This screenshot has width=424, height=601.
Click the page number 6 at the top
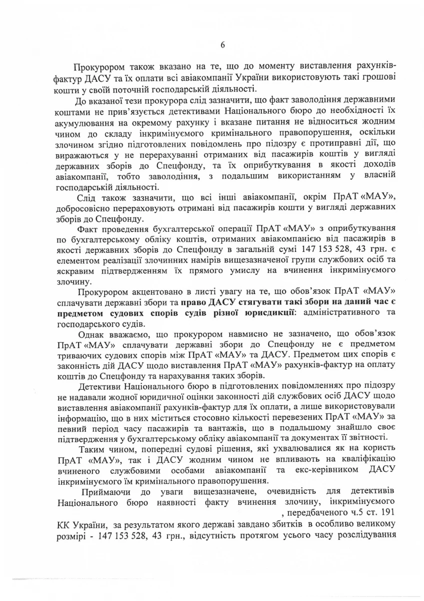click(222, 45)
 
